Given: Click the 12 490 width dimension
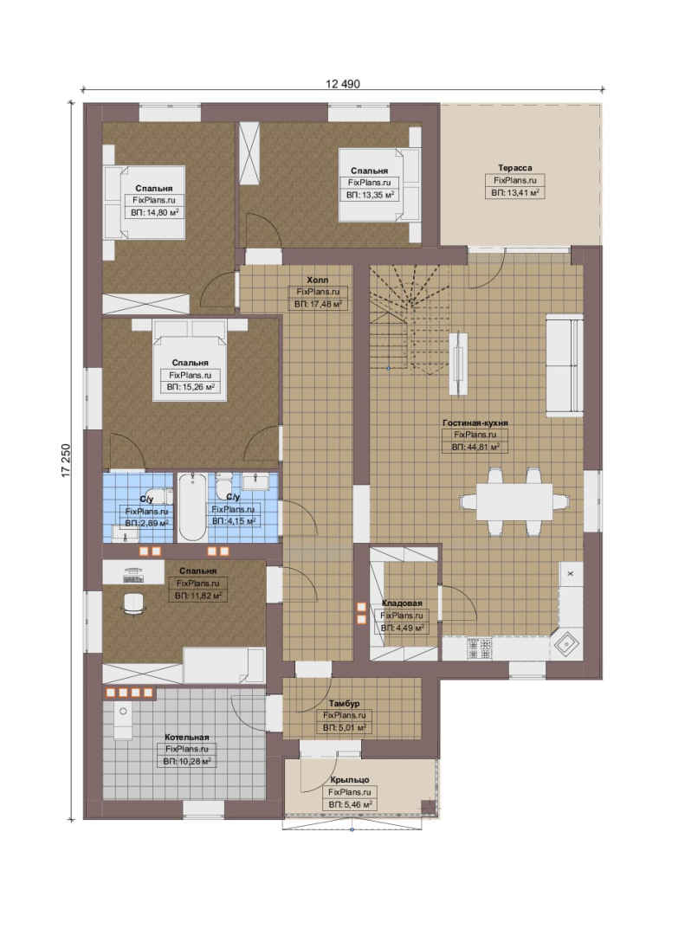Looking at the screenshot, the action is [x=343, y=84].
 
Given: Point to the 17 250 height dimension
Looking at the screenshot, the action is [x=66, y=461].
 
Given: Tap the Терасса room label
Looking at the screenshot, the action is [x=515, y=168].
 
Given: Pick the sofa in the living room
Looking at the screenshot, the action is [x=564, y=364].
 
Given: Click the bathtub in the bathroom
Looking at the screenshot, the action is [x=193, y=507].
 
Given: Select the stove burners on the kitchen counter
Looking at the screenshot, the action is [x=479, y=648].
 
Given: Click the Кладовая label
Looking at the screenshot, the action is [x=402, y=603].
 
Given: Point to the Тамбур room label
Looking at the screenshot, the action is [x=345, y=704].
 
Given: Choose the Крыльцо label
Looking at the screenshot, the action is [x=350, y=780].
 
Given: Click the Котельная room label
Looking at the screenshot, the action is [x=187, y=738].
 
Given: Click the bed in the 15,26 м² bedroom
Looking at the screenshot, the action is [x=190, y=360].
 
